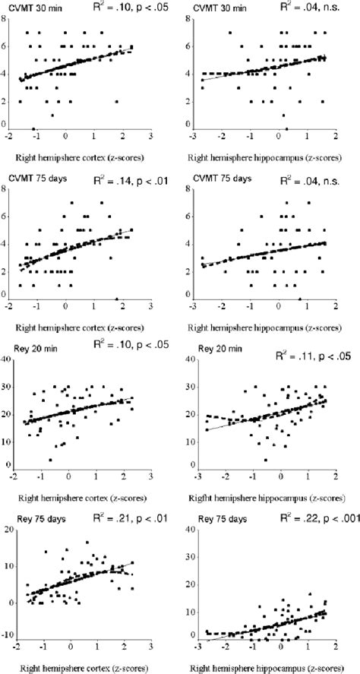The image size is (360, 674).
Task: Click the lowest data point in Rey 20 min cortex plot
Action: (x=50, y=460)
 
